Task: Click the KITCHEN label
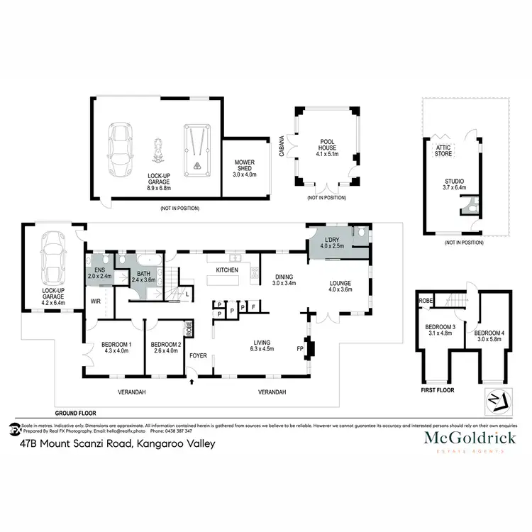tap(226, 270)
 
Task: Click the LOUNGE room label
tap(340, 284)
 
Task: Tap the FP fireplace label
tap(299, 348)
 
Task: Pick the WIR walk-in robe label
tap(94, 301)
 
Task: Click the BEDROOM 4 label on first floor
tap(488, 336)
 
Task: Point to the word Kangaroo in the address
tap(153, 444)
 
